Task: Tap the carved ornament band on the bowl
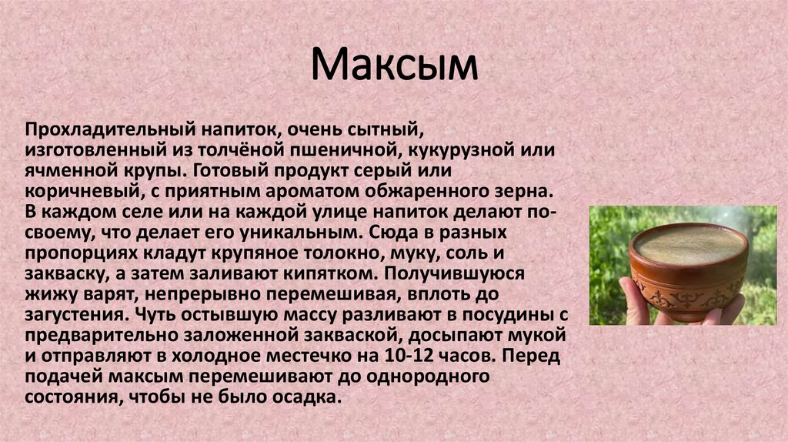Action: pyautogui.click(x=687, y=297)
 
